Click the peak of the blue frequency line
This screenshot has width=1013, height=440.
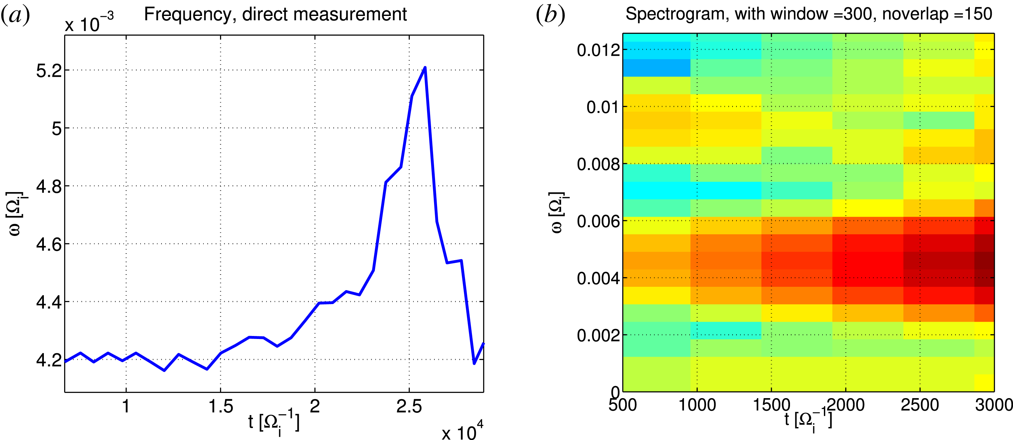425,68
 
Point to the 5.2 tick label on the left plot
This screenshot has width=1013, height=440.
49,71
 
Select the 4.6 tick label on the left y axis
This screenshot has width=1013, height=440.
49,245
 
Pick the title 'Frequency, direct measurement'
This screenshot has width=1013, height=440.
275,15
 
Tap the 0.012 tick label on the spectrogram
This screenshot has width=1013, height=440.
598,50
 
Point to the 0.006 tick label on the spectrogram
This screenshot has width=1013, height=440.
598,222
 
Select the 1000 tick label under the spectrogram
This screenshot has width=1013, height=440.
697,405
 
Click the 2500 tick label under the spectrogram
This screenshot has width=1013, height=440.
920,405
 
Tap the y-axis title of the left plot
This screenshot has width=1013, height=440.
16,214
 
